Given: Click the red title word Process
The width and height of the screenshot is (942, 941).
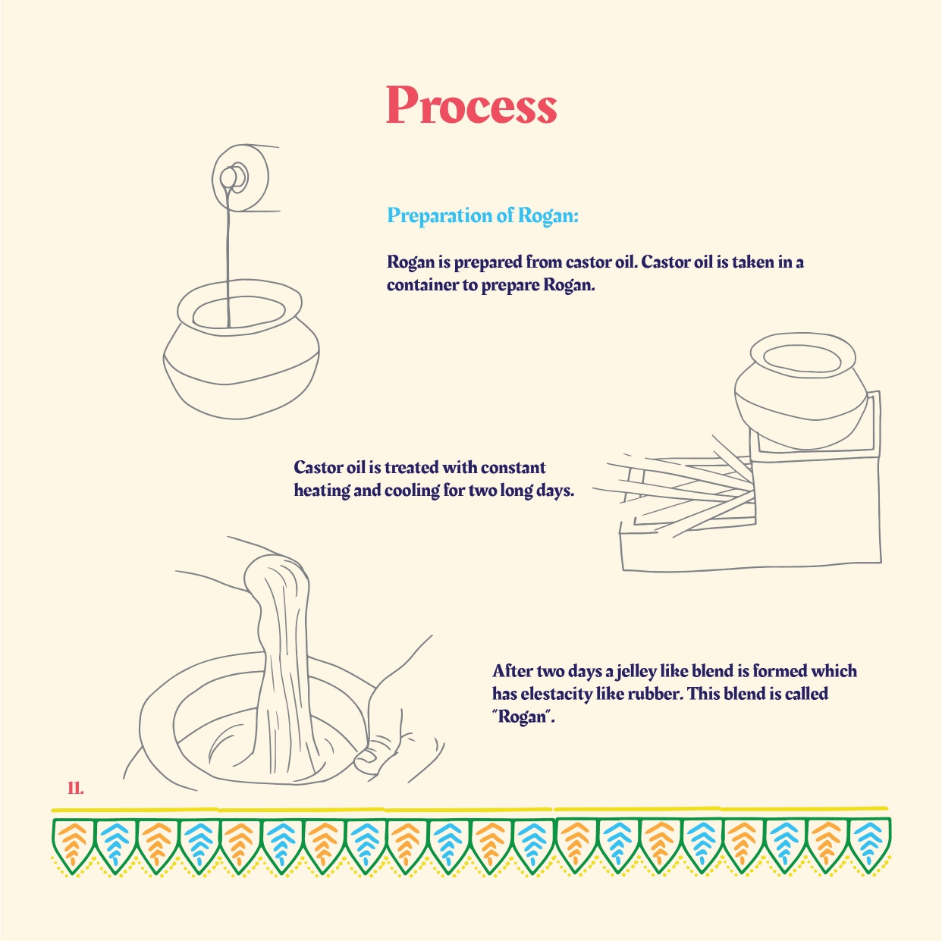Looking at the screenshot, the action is [472, 105].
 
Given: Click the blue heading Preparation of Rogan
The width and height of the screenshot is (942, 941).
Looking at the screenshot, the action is [482, 215].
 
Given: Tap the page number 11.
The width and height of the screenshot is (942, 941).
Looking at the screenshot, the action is [75, 788].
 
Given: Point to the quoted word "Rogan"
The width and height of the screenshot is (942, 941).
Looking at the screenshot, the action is [523, 717].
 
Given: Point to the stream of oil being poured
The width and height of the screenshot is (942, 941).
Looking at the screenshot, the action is [228, 254].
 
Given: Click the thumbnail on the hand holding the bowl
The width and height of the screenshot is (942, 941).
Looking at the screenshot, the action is [366, 758].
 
